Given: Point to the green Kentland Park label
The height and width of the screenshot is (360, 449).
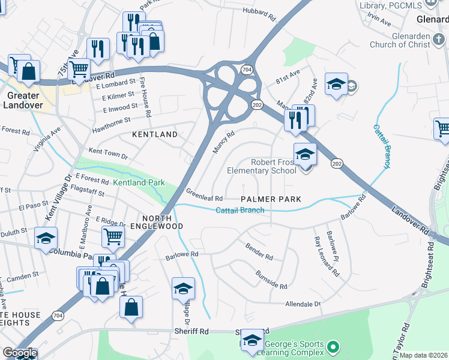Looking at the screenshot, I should point(139,182).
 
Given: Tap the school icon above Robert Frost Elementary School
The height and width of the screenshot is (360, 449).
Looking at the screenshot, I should point(305,155).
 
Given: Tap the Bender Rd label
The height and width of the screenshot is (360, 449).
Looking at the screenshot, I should point(259,251).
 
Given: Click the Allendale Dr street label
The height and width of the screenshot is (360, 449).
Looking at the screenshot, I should point(303,305).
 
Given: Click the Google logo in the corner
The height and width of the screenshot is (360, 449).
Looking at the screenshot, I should point(19,353).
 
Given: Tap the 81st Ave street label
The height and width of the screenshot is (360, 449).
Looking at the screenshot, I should point(288,77).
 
